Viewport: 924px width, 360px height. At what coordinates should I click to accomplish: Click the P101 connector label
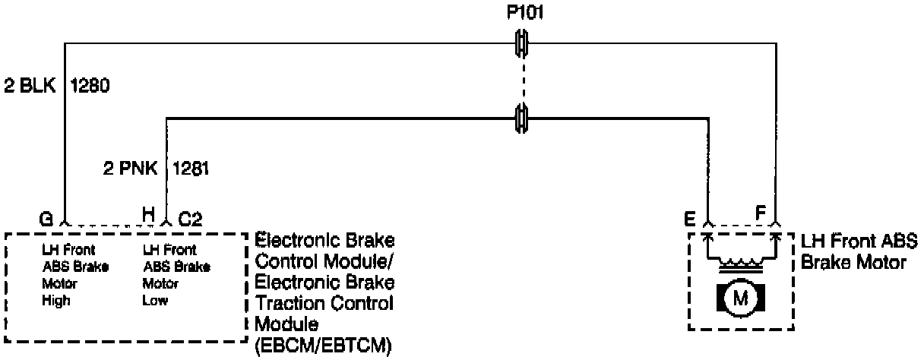(x=522, y=13)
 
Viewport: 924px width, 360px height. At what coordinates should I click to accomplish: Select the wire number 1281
(x=191, y=167)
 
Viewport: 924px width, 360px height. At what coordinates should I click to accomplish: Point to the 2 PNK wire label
(x=130, y=167)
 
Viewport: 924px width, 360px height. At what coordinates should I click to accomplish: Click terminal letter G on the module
(x=46, y=217)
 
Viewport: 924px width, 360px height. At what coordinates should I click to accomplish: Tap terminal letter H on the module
(x=150, y=216)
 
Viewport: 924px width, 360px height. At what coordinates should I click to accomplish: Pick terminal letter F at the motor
(x=759, y=210)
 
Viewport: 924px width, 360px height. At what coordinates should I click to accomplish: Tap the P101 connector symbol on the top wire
(x=522, y=43)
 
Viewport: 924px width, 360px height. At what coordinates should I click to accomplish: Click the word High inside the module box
(x=57, y=301)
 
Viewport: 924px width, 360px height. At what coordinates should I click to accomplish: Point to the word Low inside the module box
(x=156, y=301)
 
